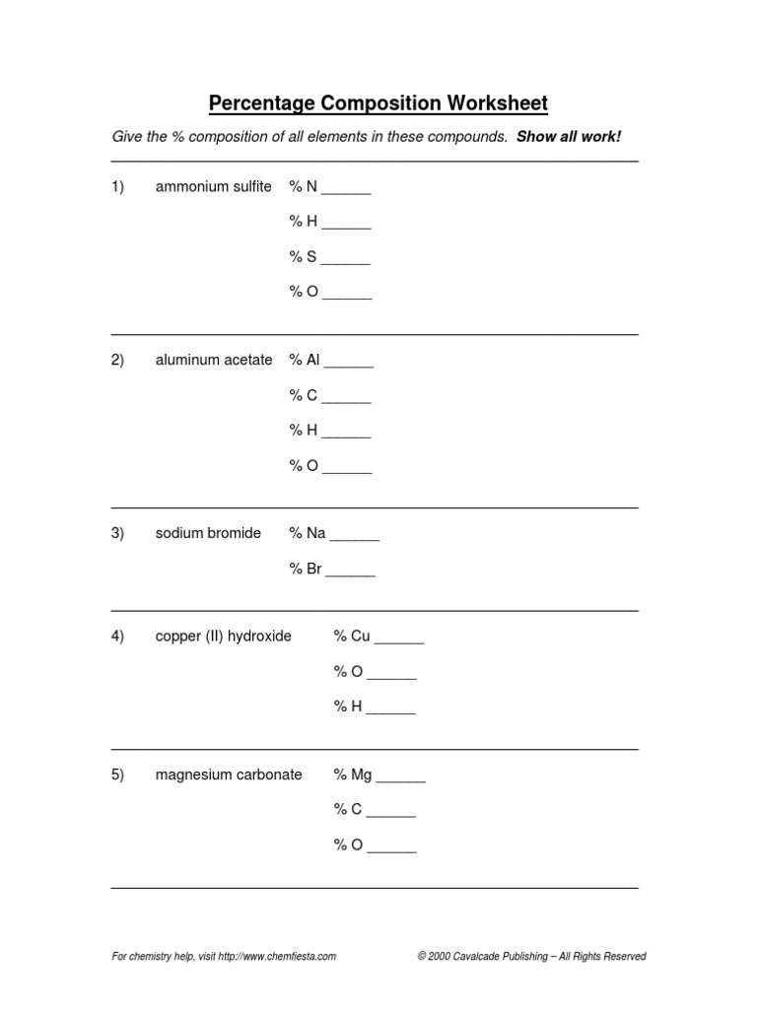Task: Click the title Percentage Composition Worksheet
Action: [378, 103]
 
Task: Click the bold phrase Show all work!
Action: [569, 136]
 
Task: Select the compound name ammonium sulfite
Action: [213, 187]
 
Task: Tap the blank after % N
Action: [346, 190]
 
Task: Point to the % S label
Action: [303, 257]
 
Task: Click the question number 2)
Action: [117, 361]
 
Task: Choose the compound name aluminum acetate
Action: [213, 361]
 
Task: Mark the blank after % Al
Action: [349, 364]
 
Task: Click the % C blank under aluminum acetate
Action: [346, 399]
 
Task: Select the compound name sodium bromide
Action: [208, 533]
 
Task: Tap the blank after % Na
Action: [354, 537]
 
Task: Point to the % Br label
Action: [306, 569]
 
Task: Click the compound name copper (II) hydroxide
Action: [223, 637]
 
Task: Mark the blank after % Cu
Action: [399, 639]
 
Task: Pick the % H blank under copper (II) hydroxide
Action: [390, 710]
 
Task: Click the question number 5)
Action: [117, 774]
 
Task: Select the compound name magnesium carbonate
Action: [228, 775]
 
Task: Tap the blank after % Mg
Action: [400, 778]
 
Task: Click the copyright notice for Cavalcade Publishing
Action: [531, 956]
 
